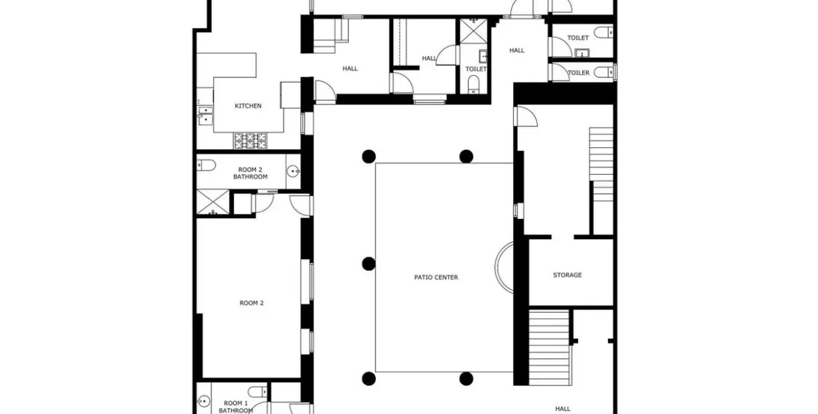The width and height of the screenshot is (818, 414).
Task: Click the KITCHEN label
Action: tap(248, 106)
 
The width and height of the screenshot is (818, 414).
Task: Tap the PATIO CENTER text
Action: tap(436, 277)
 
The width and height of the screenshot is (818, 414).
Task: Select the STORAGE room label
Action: tap(567, 275)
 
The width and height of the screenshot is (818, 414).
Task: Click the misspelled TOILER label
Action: tap(579, 72)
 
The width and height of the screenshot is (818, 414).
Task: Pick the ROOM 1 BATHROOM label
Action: tap(235, 406)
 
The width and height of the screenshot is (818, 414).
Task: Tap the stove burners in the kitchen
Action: tap(251, 140)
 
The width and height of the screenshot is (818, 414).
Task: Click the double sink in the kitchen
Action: tap(205, 115)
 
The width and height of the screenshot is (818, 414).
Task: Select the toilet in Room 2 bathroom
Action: tap(206, 166)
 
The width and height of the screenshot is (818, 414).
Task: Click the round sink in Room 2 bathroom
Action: tap(293, 171)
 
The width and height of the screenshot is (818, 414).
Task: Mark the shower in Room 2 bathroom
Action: tap(212, 203)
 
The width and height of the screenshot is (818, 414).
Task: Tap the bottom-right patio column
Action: tap(466, 379)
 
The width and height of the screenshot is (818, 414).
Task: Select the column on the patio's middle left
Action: tap(369, 264)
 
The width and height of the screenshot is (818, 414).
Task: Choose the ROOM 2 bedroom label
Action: tap(251, 303)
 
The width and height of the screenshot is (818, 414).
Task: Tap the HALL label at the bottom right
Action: tap(562, 408)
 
